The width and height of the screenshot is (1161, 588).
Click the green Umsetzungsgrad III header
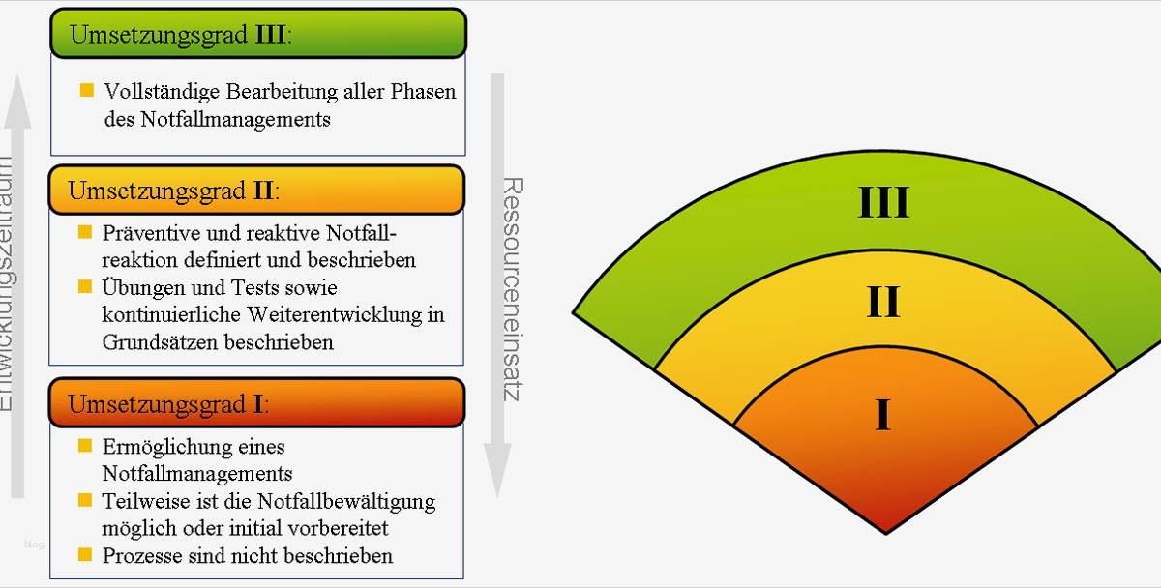click(x=258, y=35)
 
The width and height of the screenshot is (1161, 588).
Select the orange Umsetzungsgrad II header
click(x=257, y=190)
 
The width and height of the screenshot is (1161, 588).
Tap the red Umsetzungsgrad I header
click(x=257, y=402)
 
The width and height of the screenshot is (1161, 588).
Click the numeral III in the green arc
click(x=883, y=203)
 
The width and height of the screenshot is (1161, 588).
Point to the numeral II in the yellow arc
click(x=882, y=302)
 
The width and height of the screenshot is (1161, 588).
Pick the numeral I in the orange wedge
click(x=882, y=414)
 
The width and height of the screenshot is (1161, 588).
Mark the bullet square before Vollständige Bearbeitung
click(x=87, y=91)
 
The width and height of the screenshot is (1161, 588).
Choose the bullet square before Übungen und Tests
click(x=85, y=287)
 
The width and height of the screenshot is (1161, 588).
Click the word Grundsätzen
click(x=160, y=342)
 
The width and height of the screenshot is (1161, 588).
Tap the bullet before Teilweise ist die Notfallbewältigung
click(x=85, y=501)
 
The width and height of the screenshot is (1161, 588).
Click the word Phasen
click(x=423, y=93)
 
